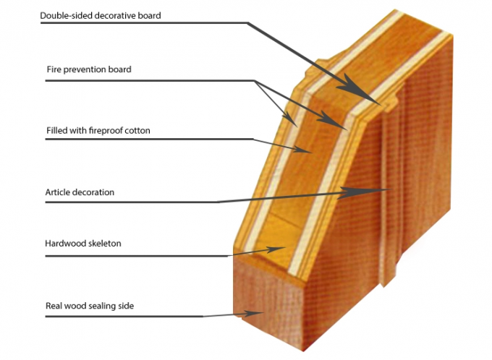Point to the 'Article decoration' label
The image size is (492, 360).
80,192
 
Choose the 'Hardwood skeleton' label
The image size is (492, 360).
82,244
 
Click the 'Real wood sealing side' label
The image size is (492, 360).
90,306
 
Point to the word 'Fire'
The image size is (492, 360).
53,69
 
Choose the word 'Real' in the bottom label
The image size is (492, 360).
54,306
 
